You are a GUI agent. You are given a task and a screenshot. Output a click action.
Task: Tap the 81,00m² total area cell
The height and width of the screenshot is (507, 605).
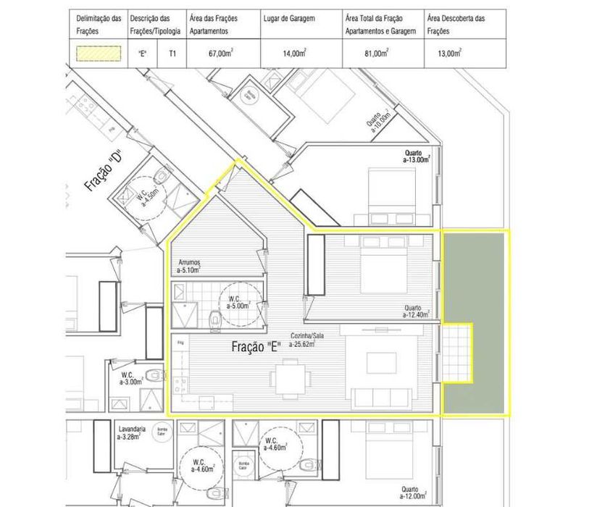click(x=377, y=54)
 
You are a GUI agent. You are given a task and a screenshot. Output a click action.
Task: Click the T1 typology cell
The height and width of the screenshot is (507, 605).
click(x=172, y=54)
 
